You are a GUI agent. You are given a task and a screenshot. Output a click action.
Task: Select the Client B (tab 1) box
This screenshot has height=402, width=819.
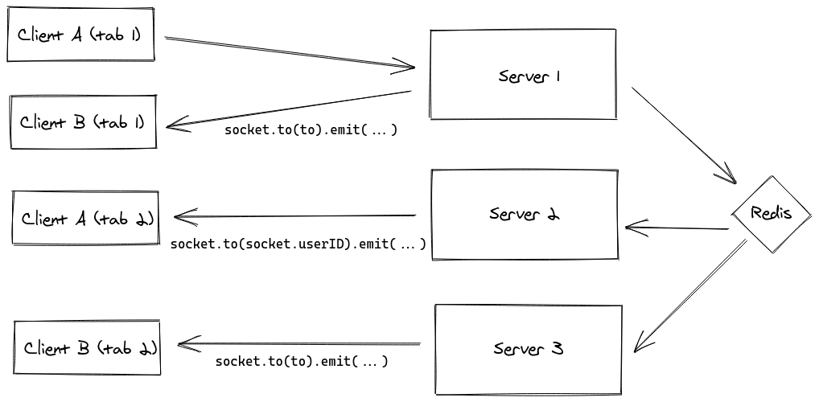(82, 122)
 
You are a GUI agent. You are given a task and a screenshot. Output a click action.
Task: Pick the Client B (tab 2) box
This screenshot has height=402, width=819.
(88, 348)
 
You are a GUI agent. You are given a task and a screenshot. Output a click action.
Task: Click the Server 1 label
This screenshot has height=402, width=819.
(529, 76)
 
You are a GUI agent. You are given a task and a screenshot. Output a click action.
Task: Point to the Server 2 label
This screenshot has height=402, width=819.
(524, 215)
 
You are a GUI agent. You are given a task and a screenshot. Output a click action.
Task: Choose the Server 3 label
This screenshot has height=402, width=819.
(528, 349)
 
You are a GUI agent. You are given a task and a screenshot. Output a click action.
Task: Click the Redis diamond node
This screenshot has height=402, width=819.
(770, 213)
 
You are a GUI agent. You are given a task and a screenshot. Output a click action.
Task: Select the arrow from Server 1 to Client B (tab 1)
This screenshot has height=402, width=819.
(290, 108)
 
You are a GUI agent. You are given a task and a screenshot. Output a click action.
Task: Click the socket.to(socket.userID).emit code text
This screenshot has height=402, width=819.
(298, 243)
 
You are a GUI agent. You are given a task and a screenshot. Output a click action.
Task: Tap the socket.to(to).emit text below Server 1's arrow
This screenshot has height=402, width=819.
(311, 129)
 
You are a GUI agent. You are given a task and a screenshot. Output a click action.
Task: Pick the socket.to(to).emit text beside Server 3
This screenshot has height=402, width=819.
(302, 361)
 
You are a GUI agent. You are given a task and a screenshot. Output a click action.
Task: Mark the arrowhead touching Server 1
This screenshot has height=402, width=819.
(405, 66)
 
